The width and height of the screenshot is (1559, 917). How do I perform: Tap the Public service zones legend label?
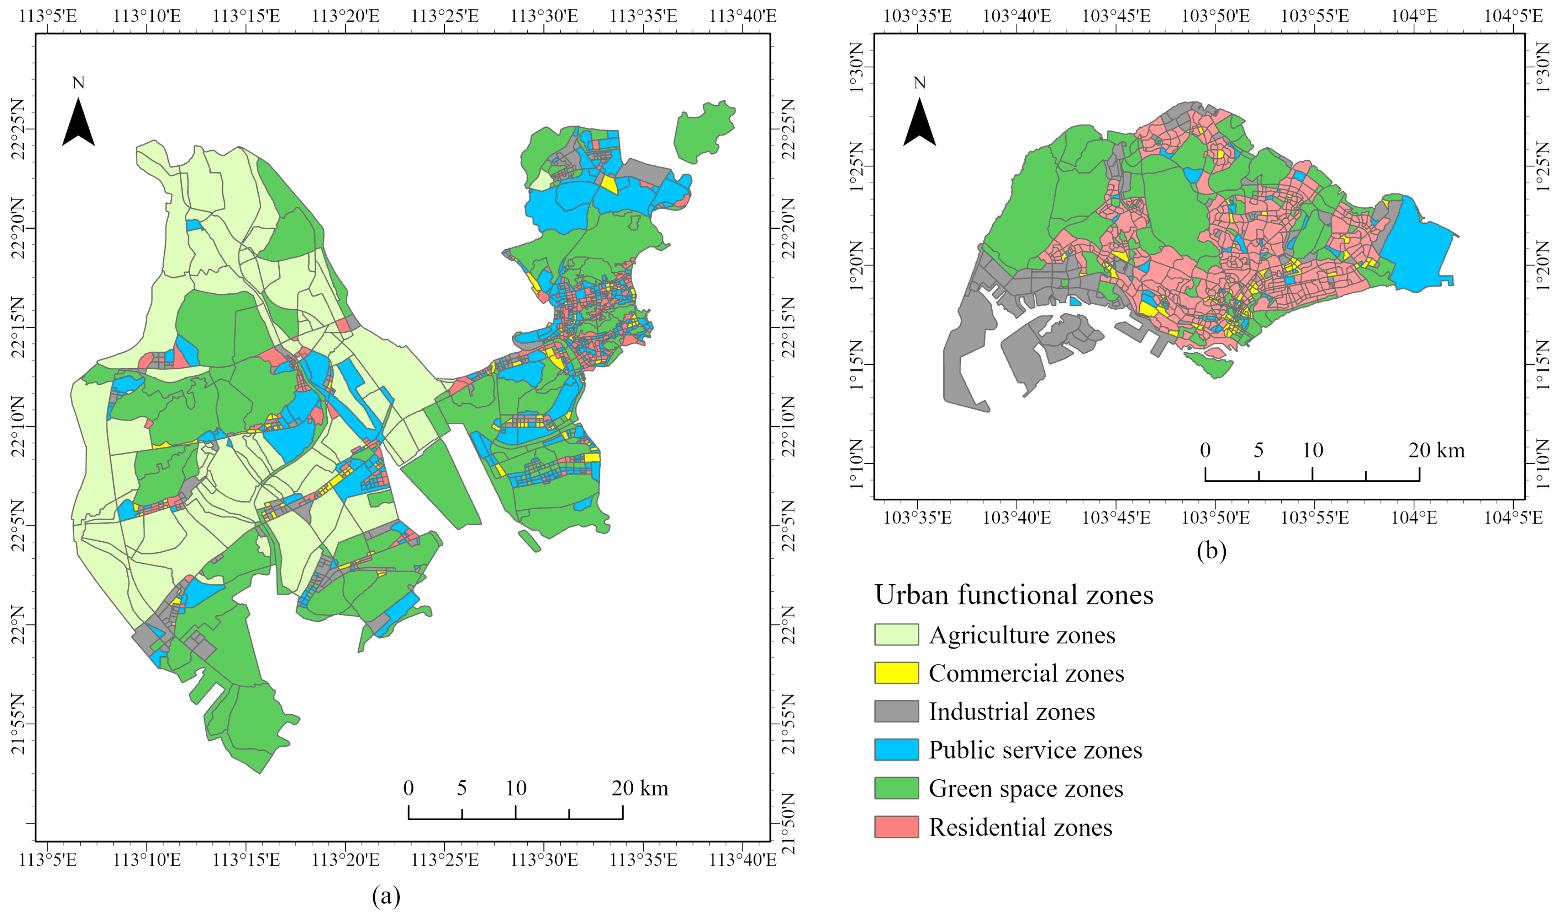(1035, 750)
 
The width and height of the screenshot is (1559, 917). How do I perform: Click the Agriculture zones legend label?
(1022, 635)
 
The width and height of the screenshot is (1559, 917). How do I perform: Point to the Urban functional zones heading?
(1013, 595)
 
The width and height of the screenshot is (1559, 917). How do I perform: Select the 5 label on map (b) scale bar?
(1258, 450)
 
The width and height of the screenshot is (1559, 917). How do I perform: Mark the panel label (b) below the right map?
(1211, 550)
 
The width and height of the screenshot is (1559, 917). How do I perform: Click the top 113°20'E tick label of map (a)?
(345, 15)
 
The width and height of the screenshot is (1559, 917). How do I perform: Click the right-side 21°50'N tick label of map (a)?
(788, 823)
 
